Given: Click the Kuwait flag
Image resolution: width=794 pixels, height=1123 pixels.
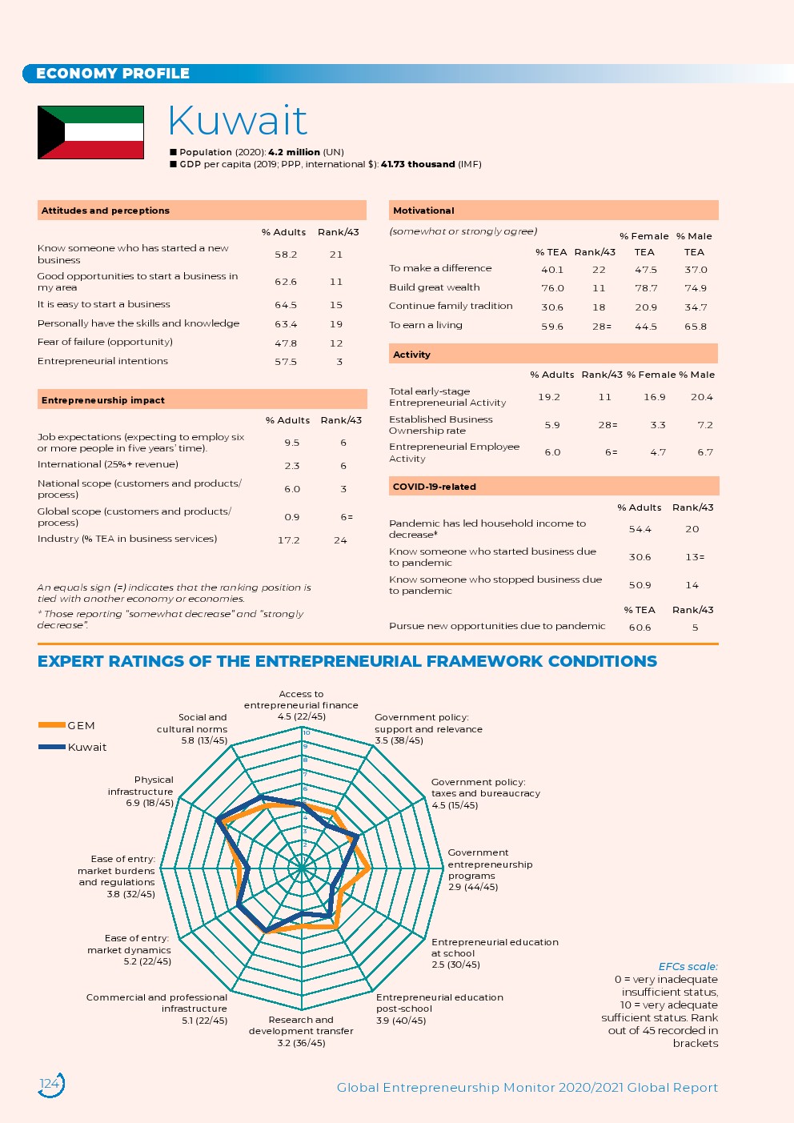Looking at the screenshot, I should (90, 132).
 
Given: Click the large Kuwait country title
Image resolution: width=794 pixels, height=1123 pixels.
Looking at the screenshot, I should (238, 121).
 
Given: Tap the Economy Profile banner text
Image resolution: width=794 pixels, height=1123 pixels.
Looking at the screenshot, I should (113, 74).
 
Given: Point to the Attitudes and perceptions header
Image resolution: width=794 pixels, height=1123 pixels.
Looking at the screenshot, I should (106, 211).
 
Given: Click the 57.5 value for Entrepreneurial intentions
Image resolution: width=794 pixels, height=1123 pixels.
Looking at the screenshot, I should (286, 362).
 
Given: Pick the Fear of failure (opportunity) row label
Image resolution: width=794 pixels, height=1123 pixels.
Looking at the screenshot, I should (105, 342).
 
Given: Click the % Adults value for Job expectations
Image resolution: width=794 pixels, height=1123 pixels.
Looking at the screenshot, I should (291, 443).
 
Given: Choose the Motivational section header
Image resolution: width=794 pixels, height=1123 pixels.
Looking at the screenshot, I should (423, 211).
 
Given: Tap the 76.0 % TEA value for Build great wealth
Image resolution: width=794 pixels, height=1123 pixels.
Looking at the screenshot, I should (552, 288).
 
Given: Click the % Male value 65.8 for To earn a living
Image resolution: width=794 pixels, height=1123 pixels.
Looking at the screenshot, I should (696, 327).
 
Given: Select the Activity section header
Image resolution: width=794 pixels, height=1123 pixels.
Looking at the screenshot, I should (411, 355).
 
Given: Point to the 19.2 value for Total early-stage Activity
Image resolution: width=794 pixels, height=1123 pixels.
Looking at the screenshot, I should (549, 397).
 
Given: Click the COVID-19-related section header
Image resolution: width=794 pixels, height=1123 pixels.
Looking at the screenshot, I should (435, 487).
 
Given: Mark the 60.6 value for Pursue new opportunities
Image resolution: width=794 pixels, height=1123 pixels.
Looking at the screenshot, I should (640, 628).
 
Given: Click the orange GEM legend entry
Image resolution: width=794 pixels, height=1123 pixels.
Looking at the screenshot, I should (67, 725).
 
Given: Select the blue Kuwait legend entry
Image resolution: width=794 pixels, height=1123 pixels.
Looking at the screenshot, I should (73, 747).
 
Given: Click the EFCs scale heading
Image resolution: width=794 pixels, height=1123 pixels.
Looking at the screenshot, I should (688, 967).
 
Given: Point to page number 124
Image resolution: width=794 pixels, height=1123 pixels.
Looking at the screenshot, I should (50, 1084).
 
